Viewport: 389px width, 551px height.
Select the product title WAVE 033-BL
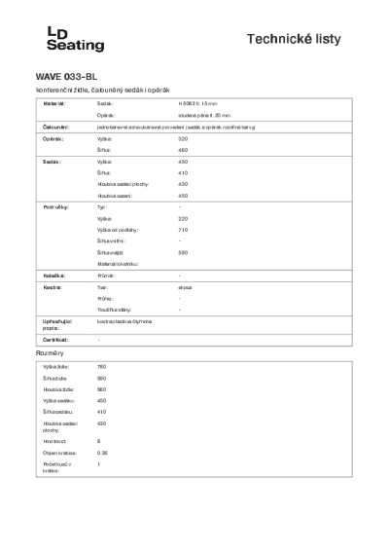(x=66, y=75)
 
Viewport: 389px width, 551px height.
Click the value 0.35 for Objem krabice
(x=102, y=453)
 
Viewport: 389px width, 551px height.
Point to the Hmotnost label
(x=53, y=441)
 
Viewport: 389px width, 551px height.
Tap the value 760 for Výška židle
(x=102, y=366)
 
